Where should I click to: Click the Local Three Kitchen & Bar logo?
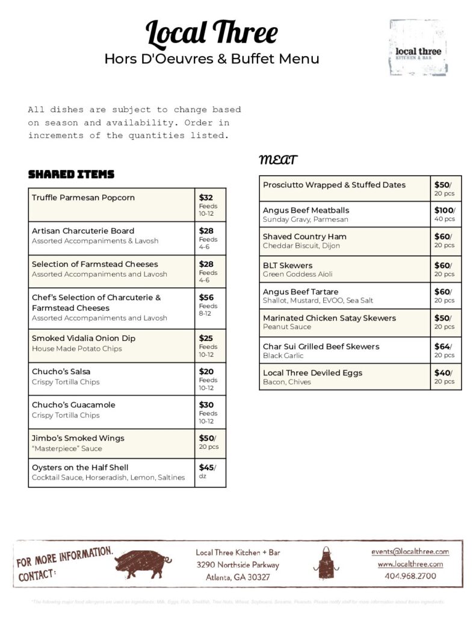coord(418,48)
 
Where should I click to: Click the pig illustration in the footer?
coord(143,563)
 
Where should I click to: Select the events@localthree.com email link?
coord(410,551)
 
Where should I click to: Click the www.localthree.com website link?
coord(410,564)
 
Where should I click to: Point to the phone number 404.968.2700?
coord(410,576)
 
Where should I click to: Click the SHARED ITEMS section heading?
coord(71,175)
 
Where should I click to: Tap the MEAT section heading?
coord(278,160)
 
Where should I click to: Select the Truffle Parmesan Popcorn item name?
coord(83,198)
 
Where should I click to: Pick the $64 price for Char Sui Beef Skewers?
coord(443,346)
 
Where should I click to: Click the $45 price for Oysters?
coord(206,467)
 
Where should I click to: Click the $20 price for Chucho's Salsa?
coord(206,372)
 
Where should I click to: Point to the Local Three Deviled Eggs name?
coord(312,373)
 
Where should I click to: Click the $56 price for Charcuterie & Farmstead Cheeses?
coord(206,297)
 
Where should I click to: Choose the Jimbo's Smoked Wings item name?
coord(78,438)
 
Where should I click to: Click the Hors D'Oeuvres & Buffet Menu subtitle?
coord(212,59)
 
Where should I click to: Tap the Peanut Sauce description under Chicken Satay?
coord(286,327)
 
